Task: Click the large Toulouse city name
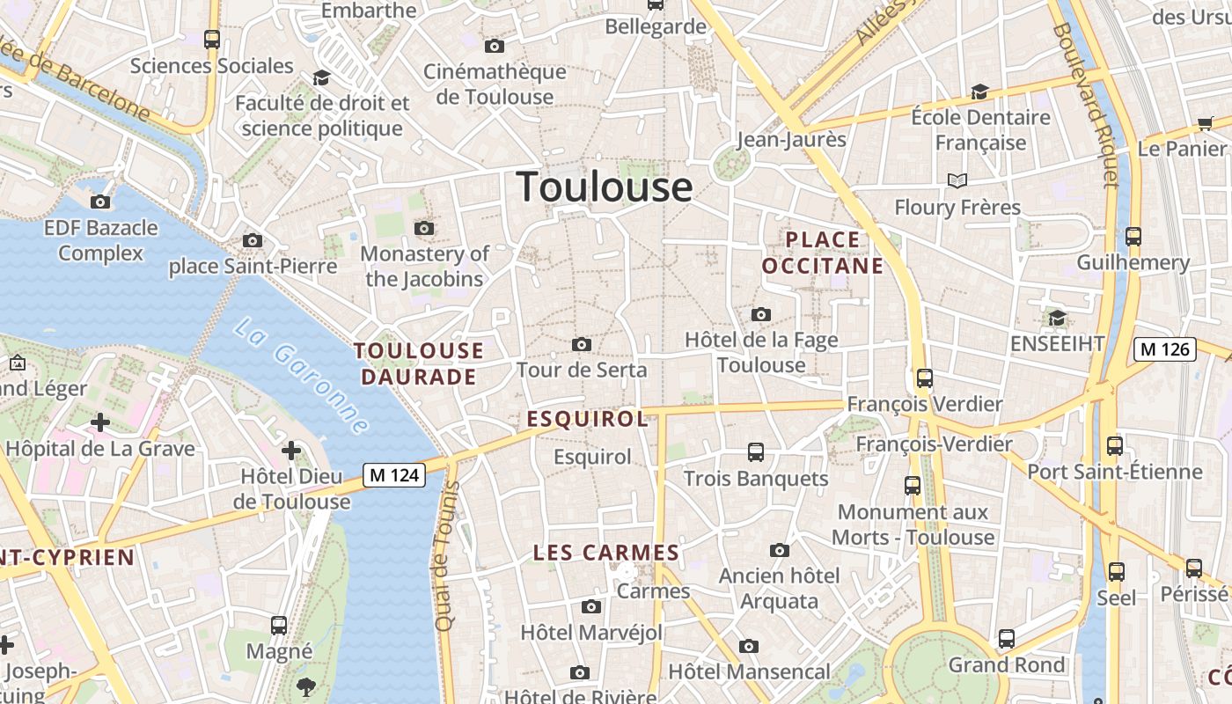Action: point(605,187)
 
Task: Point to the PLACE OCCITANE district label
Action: point(823,253)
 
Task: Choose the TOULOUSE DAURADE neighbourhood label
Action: point(418,363)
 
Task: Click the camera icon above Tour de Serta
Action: point(582,344)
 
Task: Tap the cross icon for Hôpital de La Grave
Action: point(100,423)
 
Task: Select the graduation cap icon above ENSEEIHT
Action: point(1057,318)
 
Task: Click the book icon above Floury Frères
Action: point(957,181)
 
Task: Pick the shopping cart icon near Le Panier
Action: point(1205,124)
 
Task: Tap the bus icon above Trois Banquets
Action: point(755,452)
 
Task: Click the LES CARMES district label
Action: point(606,554)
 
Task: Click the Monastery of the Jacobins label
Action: point(425,267)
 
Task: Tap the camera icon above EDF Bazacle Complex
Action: point(101,202)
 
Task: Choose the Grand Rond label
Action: point(1006,665)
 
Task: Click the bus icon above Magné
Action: point(279,626)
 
